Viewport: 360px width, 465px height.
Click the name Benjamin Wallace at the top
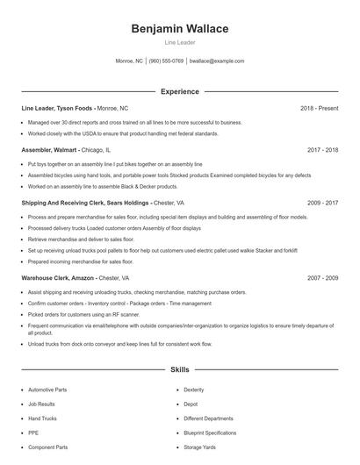pyautogui.click(x=179, y=29)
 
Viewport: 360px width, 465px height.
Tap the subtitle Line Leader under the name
pyautogui.click(x=179, y=42)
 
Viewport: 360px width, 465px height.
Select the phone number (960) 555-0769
pyautogui.click(x=166, y=61)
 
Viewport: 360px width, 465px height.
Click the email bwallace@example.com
pyautogui.click(x=217, y=61)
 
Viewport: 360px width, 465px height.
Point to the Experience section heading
pyautogui.click(x=179, y=91)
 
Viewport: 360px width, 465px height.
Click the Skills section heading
pyautogui.click(x=179, y=370)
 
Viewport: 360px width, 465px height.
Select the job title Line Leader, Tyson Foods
pyautogui.click(x=57, y=108)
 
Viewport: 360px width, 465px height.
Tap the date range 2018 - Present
pyautogui.click(x=319, y=108)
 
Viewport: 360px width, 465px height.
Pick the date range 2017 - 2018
pyautogui.click(x=323, y=150)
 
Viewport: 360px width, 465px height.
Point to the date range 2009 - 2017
pyautogui.click(x=323, y=203)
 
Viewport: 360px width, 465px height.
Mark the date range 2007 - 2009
pyautogui.click(x=323, y=277)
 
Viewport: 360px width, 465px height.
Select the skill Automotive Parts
pyautogui.click(x=47, y=390)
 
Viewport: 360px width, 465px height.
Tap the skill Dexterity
pyautogui.click(x=194, y=390)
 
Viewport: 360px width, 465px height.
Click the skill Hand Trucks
pyautogui.click(x=42, y=418)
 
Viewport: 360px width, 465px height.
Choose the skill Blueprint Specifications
pyautogui.click(x=210, y=433)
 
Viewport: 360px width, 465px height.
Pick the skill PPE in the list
pyautogui.click(x=33, y=433)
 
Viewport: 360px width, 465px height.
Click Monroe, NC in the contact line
pyautogui.click(x=129, y=61)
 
